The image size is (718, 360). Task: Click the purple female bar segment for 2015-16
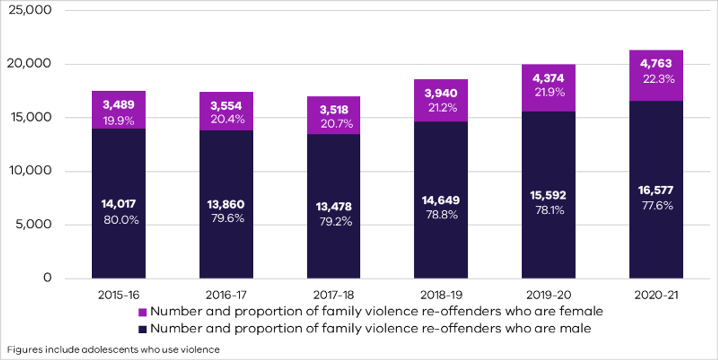[x=118, y=110]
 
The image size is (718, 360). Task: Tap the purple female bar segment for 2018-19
[x=441, y=101]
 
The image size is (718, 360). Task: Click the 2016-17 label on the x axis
[x=226, y=295]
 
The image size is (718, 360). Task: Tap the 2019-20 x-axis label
[x=548, y=295]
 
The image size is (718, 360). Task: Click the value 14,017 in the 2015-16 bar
[x=118, y=204]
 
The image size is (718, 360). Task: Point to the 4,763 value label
[x=656, y=64]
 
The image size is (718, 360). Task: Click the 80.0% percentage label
[x=121, y=220]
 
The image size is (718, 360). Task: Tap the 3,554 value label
[x=226, y=106]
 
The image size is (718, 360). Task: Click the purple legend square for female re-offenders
[x=143, y=312]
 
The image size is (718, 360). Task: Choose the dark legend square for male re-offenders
[x=143, y=329]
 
